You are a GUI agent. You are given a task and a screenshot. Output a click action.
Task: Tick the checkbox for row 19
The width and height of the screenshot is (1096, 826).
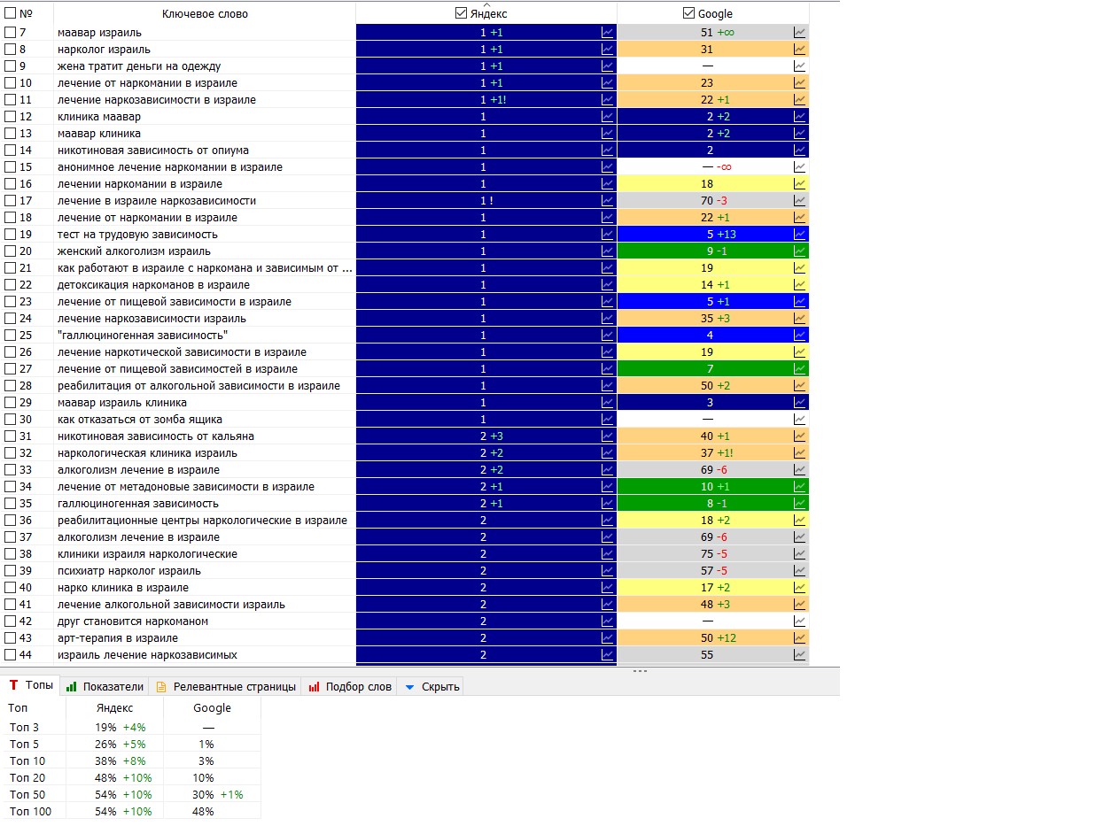[11, 235]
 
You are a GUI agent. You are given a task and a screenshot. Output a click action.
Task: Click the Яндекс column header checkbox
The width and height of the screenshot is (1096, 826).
[460, 13]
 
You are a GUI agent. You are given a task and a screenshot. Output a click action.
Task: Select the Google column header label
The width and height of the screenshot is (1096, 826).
[715, 13]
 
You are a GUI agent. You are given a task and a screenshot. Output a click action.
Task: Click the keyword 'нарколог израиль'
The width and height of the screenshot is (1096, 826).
[104, 50]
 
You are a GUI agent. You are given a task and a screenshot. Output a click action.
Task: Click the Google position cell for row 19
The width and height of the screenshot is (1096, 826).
[710, 235]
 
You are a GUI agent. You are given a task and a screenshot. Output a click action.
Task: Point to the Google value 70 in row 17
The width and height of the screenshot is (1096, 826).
[706, 201]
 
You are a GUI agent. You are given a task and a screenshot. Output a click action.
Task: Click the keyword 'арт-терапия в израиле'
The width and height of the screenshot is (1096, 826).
[118, 638]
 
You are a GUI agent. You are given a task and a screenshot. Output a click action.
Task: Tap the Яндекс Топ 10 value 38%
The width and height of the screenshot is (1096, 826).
[105, 760]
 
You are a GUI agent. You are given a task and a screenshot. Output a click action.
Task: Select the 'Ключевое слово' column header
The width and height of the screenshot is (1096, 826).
[205, 13]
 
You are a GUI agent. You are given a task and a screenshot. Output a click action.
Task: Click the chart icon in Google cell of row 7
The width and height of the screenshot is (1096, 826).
[800, 33]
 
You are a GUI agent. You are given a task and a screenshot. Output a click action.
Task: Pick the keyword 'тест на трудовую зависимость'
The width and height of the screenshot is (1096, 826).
[137, 235]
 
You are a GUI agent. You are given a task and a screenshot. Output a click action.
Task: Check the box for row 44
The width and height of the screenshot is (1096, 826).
[11, 655]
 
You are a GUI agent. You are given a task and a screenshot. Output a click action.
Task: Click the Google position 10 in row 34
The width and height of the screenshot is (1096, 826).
[706, 487]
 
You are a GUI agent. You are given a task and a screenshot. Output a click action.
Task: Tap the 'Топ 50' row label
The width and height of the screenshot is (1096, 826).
[27, 794]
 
